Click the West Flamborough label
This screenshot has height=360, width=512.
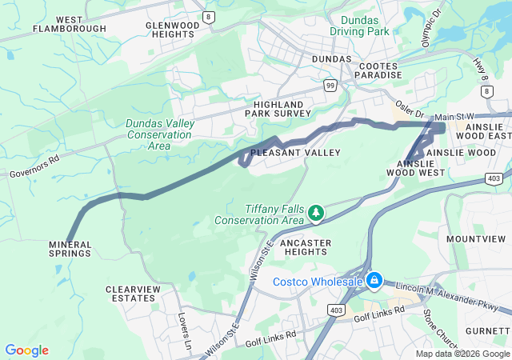click(70, 24)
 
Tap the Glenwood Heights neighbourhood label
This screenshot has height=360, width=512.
click(172, 30)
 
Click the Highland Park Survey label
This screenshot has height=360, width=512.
click(278, 109)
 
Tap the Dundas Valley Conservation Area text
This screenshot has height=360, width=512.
click(158, 134)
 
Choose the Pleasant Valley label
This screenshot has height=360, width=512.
click(295, 152)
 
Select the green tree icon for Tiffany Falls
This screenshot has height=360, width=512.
click(317, 213)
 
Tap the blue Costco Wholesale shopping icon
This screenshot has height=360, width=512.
click(374, 281)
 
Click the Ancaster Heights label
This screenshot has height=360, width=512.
click(304, 246)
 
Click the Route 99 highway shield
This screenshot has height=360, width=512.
click(330, 84)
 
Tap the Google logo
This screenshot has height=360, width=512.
click(26, 350)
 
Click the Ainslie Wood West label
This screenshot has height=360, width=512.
click(415, 167)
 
